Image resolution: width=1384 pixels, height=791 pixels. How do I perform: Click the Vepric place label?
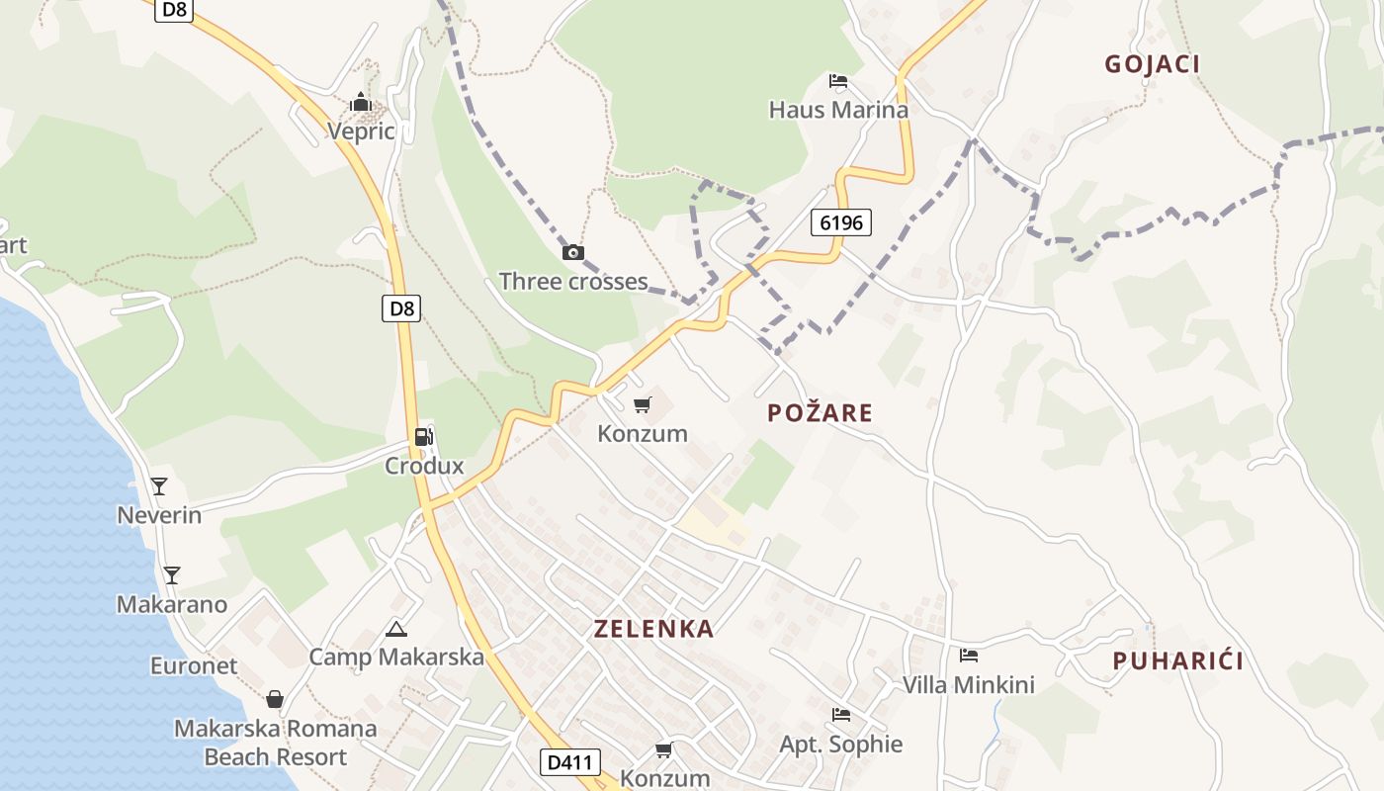point(361,132)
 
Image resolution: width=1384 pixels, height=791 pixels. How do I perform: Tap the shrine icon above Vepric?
point(361,102)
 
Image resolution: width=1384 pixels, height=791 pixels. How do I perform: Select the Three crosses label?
point(573,281)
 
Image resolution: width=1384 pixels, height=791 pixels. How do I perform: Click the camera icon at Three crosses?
point(573,252)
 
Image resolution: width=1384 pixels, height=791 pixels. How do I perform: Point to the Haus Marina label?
point(838,110)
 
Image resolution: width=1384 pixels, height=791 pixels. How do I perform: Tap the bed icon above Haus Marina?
point(838,80)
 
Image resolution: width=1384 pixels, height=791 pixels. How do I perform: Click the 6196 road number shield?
point(842,222)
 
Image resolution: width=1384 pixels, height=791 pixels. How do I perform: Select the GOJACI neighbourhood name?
point(1152,64)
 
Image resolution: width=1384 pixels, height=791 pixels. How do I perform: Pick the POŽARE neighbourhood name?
point(820,413)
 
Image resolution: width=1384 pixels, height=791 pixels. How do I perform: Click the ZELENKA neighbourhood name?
point(653,629)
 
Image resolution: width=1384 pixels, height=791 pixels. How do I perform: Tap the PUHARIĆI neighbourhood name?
point(1177,661)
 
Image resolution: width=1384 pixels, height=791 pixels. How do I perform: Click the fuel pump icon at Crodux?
point(423,436)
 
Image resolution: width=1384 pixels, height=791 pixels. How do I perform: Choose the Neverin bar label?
point(159,515)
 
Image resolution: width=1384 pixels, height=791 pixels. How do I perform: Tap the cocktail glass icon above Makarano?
point(172,574)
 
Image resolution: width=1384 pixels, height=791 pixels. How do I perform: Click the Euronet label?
point(194,665)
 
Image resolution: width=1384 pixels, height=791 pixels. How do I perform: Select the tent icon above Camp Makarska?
point(396,629)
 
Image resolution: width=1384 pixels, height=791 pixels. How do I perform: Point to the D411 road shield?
point(570,762)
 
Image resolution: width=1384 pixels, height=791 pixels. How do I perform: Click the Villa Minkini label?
point(968,684)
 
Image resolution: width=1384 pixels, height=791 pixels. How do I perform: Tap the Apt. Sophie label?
point(841,744)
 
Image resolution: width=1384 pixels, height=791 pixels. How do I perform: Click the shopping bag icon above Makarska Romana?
point(275,700)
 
